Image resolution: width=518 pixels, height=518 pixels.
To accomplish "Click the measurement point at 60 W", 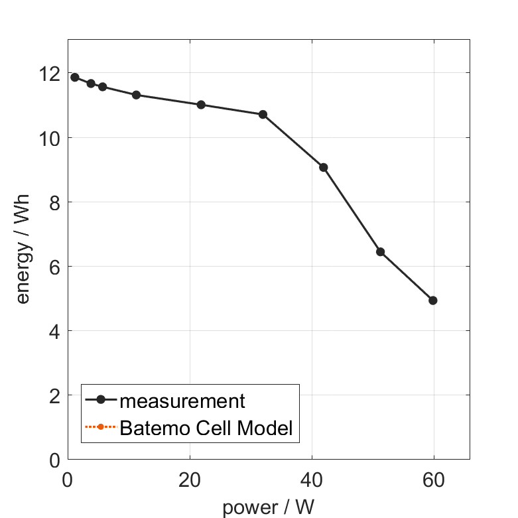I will point(433,300).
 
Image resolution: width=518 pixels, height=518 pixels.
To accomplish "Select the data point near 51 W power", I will point(380,252).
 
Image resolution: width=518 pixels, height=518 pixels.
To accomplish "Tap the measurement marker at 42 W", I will point(324,167).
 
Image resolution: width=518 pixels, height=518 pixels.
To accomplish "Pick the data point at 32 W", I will point(263,115).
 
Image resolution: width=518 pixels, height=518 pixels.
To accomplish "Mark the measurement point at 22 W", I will point(201,105).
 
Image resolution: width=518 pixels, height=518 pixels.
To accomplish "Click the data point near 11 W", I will point(136,95).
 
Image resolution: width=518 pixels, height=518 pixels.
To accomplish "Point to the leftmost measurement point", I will point(75,78).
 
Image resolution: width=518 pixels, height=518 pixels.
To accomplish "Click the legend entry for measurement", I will point(182,401).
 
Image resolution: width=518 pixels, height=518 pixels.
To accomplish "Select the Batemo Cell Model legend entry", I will point(206,428).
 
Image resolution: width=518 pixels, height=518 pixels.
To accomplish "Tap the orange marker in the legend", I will point(100,427).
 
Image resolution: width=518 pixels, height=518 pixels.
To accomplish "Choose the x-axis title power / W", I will point(268,507).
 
